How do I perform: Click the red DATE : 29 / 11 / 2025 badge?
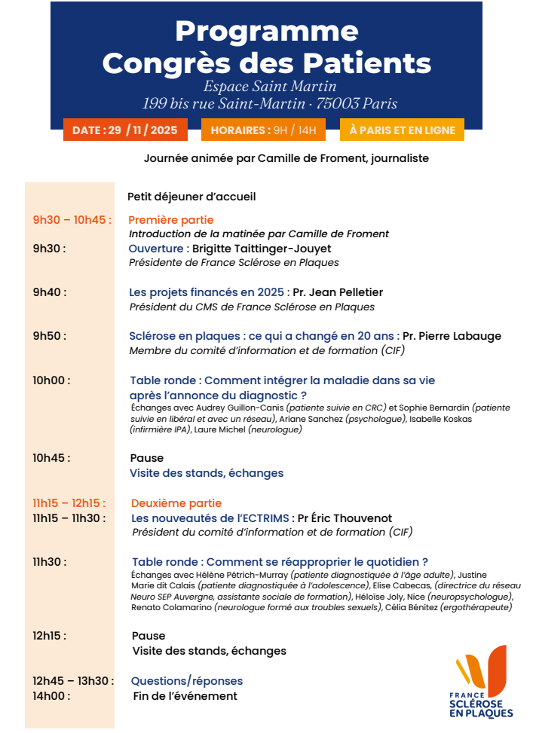(x=125, y=130)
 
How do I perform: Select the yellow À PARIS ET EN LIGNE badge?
(x=402, y=130)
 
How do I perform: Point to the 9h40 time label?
(x=49, y=292)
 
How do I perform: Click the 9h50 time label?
(x=49, y=336)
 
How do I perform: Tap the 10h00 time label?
(x=51, y=380)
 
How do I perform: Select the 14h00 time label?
(x=51, y=696)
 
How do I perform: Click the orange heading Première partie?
(x=171, y=220)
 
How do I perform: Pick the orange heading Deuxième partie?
(x=176, y=503)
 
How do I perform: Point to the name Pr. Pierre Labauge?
(x=452, y=336)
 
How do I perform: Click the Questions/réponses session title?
(x=187, y=681)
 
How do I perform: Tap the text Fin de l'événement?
(x=185, y=696)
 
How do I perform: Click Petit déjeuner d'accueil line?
(x=191, y=197)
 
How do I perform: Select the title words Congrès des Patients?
(x=267, y=63)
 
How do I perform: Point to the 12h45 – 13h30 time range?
(x=73, y=681)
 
